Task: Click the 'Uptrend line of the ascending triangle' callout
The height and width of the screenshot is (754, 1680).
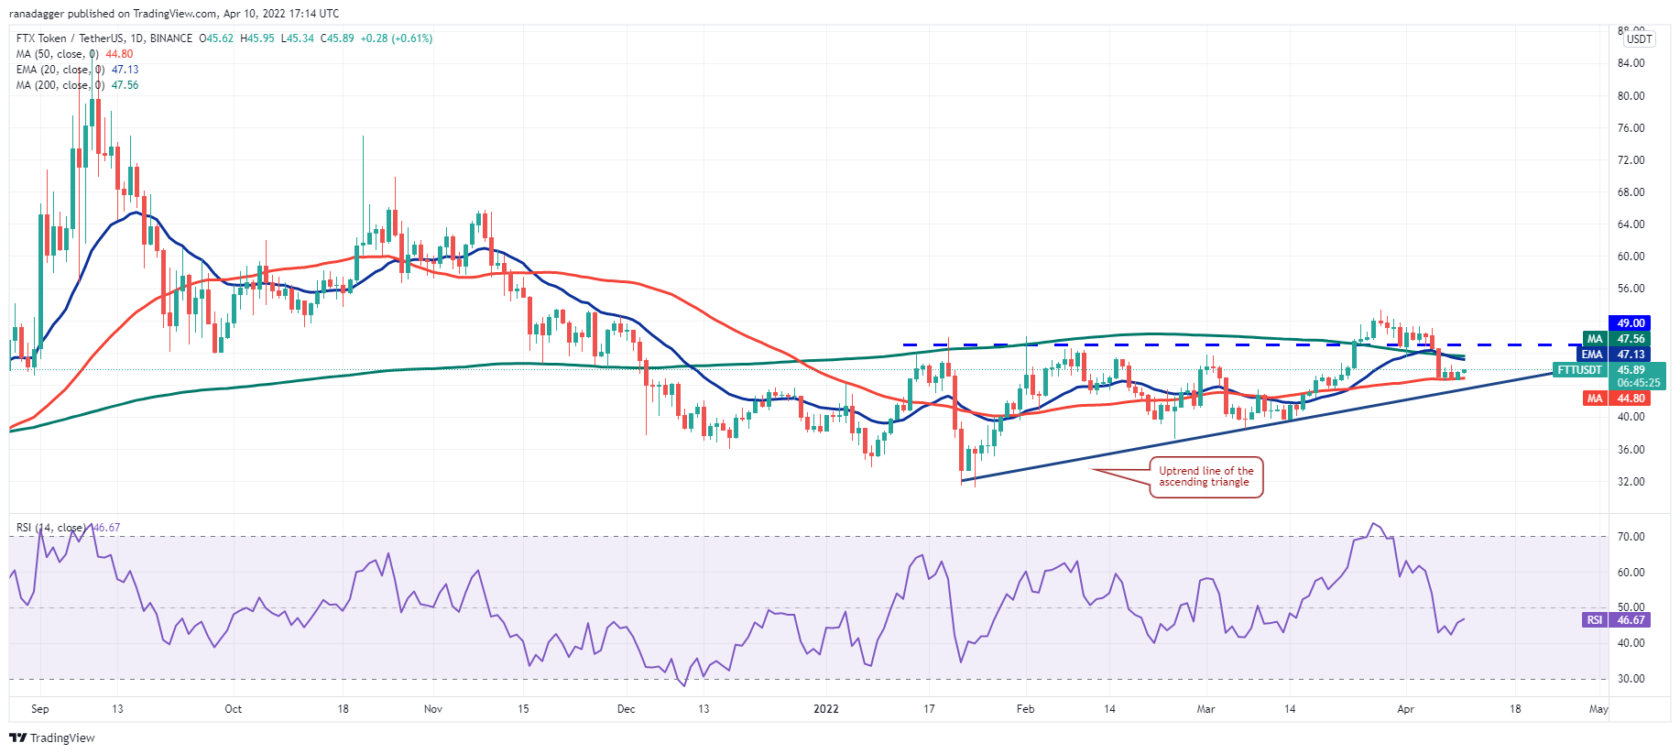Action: pyautogui.click(x=1205, y=476)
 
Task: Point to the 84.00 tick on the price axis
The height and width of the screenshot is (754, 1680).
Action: pyautogui.click(x=1631, y=63)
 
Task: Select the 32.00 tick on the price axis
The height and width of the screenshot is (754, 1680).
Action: pyautogui.click(x=1631, y=482)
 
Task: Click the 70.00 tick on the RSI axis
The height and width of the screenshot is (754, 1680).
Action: pyautogui.click(x=1631, y=537)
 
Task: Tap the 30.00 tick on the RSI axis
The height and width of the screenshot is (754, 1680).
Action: pyautogui.click(x=1631, y=679)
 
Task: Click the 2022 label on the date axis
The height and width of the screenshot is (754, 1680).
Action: pyautogui.click(x=826, y=709)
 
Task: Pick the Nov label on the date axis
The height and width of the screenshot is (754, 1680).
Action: pyautogui.click(x=433, y=709)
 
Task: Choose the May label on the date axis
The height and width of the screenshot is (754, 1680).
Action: pyautogui.click(x=1598, y=709)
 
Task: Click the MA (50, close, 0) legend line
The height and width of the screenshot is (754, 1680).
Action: pyautogui.click(x=74, y=54)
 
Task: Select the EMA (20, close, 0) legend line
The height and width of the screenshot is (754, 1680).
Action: pyautogui.click(x=77, y=70)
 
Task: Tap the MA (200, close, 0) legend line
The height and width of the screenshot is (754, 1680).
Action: pyautogui.click(x=77, y=85)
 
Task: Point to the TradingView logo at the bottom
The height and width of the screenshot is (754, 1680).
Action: pyautogui.click(x=52, y=738)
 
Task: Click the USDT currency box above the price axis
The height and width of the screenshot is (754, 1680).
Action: pyautogui.click(x=1639, y=38)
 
